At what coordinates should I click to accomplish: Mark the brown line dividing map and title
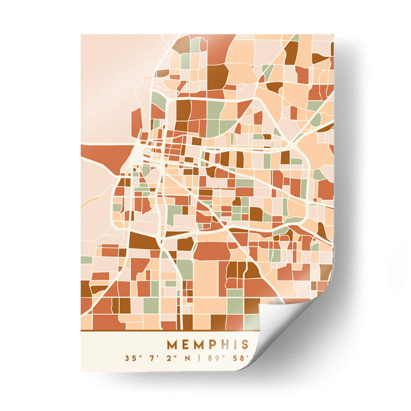pyautogui.click(x=170, y=331)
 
